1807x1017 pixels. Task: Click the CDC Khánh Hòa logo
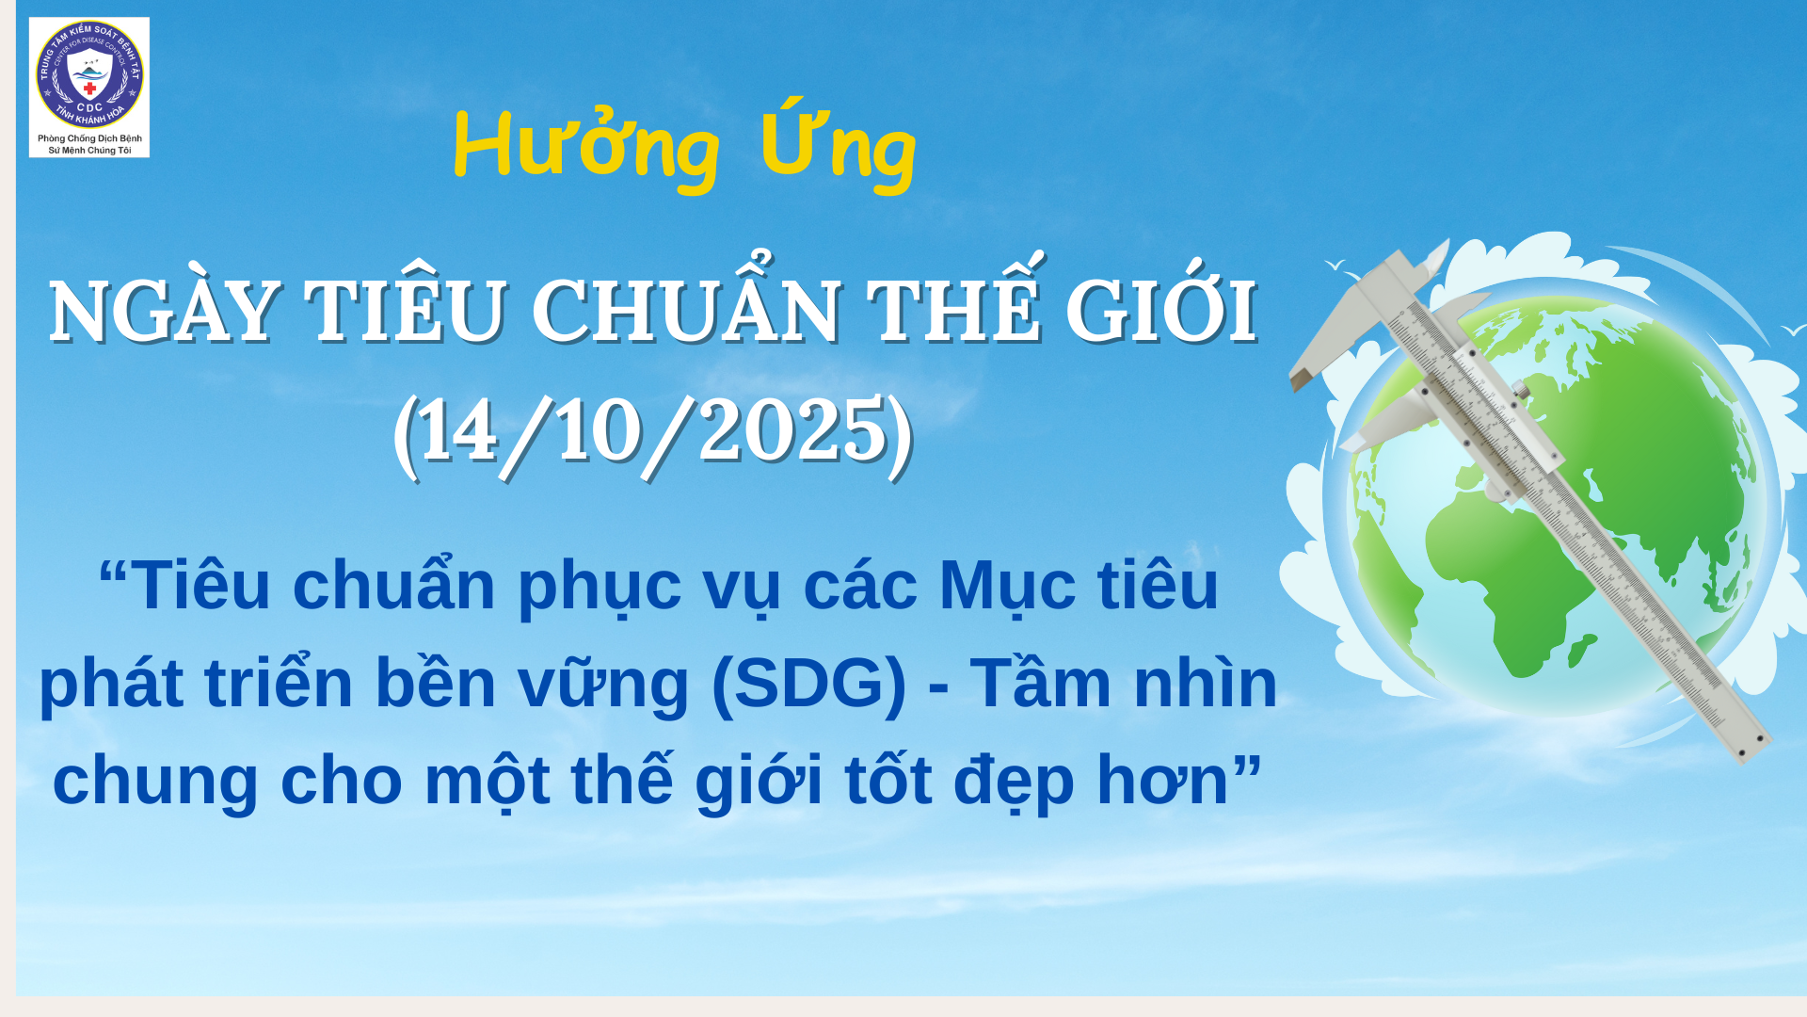[x=89, y=75]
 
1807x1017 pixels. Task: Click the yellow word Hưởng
[x=586, y=147]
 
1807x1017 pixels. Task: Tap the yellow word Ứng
[x=838, y=145]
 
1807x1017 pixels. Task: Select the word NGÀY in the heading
[x=163, y=312]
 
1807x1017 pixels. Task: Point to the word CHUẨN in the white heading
[x=686, y=312]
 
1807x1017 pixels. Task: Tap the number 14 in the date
[x=457, y=431]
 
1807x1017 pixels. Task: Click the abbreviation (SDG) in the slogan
[x=808, y=683]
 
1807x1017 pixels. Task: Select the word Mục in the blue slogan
[x=1007, y=586]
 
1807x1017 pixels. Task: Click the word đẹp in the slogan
[x=1014, y=782]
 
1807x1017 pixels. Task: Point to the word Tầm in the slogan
[x=1040, y=683]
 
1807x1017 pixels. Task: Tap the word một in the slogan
[x=487, y=782]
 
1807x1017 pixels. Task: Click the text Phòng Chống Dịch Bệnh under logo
[x=89, y=138]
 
